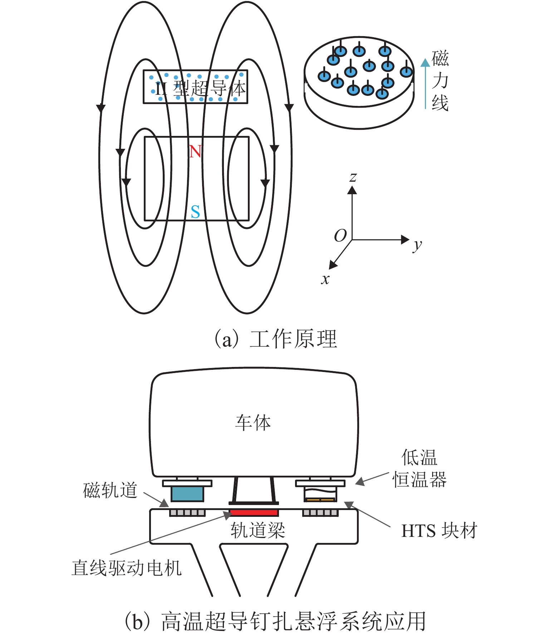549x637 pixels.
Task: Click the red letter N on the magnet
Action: coord(195,152)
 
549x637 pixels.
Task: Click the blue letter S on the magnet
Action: coord(195,212)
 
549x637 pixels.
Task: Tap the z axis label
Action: coord(353,177)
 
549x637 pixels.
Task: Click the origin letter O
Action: coord(340,236)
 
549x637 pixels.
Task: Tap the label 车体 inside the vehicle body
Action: coord(253,423)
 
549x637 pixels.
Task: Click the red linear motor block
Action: coord(254,513)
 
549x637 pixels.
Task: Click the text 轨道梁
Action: coord(258,530)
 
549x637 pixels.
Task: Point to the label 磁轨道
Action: coord(110,490)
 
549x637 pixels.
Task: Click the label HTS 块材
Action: coord(439,531)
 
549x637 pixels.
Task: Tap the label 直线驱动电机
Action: coord(127,568)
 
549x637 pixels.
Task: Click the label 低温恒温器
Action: coord(419,469)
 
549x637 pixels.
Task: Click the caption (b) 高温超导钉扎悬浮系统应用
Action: coord(275,622)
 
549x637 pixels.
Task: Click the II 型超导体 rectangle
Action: coord(195,87)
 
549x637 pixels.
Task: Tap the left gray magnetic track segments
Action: coord(187,513)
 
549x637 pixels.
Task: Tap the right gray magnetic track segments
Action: coord(320,513)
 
